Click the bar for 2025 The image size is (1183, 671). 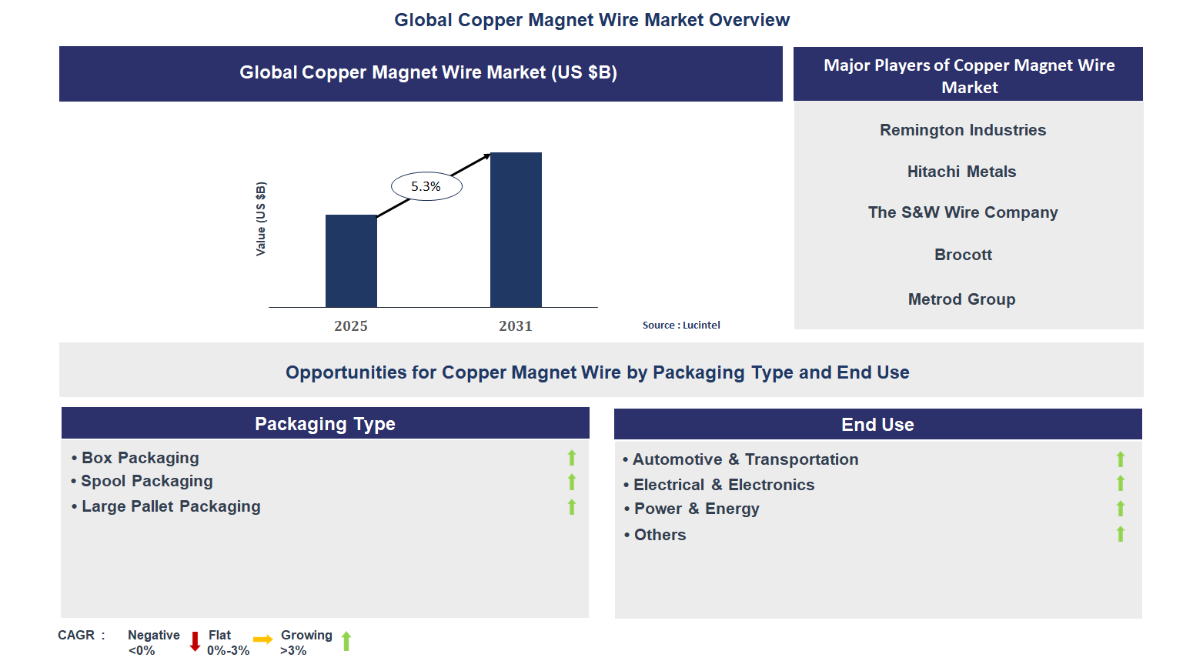pyautogui.click(x=351, y=261)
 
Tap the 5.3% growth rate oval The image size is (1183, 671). pyautogui.click(x=426, y=186)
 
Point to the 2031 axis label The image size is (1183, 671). pyautogui.click(x=515, y=325)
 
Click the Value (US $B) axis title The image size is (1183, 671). pyautogui.click(x=261, y=219)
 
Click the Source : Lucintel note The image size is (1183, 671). pyautogui.click(x=681, y=325)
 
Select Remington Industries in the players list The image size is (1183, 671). pyautogui.click(x=962, y=130)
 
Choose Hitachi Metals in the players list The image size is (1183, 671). pyautogui.click(x=961, y=172)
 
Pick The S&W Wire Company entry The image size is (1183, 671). pyautogui.click(x=962, y=212)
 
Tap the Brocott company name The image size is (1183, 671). pyautogui.click(x=963, y=255)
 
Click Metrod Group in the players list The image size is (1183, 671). pyautogui.click(x=961, y=299)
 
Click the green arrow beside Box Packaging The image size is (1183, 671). pyautogui.click(x=572, y=458)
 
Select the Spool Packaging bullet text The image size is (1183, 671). pyautogui.click(x=146, y=481)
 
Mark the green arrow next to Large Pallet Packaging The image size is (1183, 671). pyautogui.click(x=572, y=507)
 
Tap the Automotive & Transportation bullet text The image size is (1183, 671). pyautogui.click(x=744, y=459)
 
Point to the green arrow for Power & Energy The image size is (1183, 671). pyautogui.click(x=1121, y=509)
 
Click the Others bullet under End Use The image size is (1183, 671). pyautogui.click(x=659, y=535)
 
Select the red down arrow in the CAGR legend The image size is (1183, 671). pyautogui.click(x=195, y=641)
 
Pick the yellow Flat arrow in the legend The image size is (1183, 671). pyautogui.click(x=263, y=639)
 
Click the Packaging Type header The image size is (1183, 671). pyautogui.click(x=325, y=424)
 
